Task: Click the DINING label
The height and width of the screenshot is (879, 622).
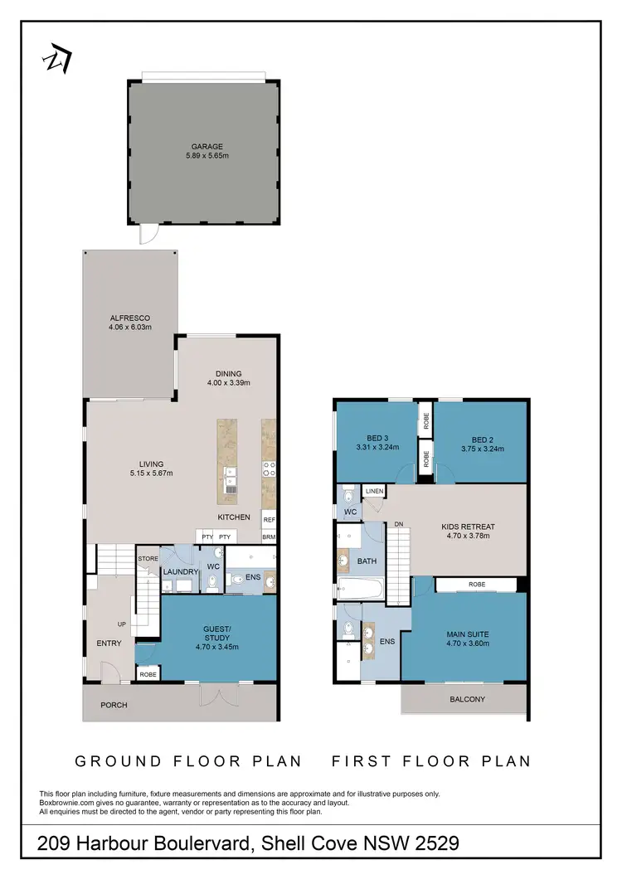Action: (x=228, y=373)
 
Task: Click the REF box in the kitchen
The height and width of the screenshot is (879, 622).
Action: (x=269, y=520)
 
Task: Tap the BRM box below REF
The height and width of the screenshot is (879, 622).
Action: (x=269, y=537)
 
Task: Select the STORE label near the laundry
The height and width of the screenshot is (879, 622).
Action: (x=148, y=559)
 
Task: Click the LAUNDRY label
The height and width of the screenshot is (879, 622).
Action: (x=180, y=572)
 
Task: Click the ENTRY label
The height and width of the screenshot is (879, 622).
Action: (x=109, y=643)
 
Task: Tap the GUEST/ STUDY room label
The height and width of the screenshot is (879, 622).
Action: (x=216, y=634)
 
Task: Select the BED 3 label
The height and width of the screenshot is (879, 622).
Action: (x=377, y=439)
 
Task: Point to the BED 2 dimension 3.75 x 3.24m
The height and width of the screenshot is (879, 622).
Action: (x=481, y=449)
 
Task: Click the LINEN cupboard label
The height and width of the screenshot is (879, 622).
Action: (x=374, y=492)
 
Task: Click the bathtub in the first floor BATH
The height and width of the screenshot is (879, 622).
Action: (x=359, y=590)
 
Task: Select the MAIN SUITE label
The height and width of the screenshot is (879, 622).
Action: (x=467, y=634)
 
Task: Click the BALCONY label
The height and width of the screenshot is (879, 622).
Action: (x=468, y=699)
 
